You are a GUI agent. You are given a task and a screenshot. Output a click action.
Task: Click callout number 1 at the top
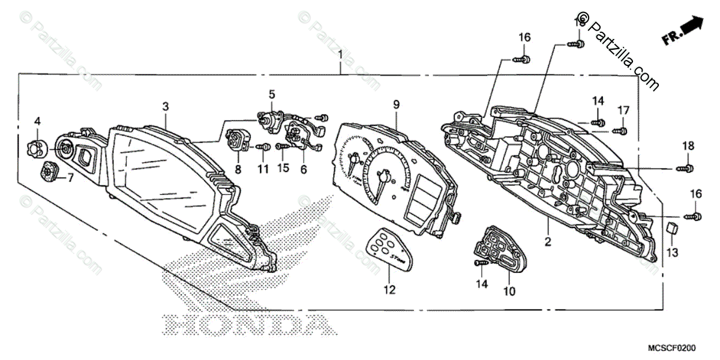click(x=340, y=55)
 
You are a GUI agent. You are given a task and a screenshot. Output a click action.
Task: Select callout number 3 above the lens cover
click(x=166, y=107)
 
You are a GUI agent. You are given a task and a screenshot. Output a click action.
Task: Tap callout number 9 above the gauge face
click(x=396, y=104)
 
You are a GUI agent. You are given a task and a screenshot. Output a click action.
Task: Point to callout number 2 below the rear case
click(x=548, y=242)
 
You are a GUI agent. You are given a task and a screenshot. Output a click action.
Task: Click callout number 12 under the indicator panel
click(x=390, y=290)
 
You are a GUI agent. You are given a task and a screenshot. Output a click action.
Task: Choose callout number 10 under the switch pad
click(x=509, y=292)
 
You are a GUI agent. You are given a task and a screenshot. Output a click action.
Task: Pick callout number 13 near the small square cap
click(x=673, y=253)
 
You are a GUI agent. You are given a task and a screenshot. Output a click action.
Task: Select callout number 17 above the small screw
click(x=624, y=110)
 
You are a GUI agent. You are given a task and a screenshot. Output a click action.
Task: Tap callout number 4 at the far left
click(x=37, y=121)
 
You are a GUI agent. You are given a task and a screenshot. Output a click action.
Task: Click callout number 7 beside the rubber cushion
click(x=70, y=178)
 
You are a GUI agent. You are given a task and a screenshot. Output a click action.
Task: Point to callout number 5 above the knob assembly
click(x=272, y=94)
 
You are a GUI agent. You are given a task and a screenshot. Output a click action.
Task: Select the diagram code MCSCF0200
click(x=686, y=349)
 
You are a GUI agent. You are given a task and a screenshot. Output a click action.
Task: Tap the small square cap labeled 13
click(x=673, y=227)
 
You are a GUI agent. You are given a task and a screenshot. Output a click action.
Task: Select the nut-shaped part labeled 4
click(x=38, y=146)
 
